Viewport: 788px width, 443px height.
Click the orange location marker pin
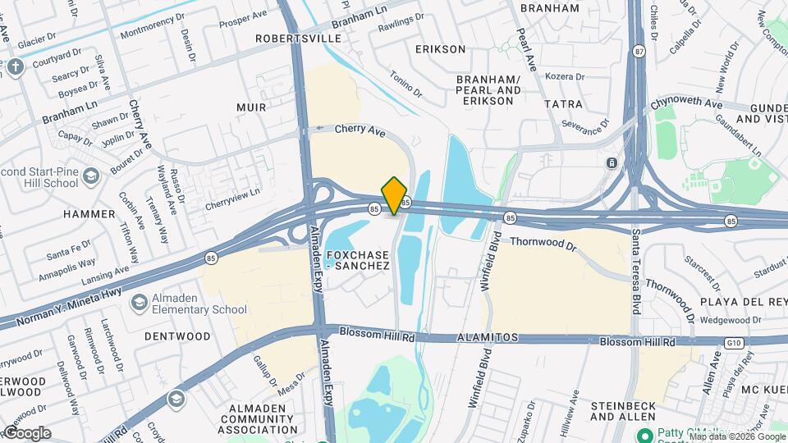(395, 195)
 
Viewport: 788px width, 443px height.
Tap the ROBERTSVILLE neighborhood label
(298, 39)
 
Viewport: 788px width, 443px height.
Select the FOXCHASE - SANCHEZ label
(357, 260)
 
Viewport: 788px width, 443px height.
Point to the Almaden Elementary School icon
(140, 303)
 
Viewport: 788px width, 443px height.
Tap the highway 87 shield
(639, 52)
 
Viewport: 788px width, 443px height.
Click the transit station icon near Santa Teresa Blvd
(612, 162)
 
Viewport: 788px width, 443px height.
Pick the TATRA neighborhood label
(563, 104)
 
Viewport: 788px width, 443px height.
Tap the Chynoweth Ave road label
(686, 104)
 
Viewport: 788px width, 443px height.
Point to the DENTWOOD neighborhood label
(177, 336)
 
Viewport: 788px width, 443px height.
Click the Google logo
(27, 432)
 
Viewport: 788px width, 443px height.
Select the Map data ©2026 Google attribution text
(737, 436)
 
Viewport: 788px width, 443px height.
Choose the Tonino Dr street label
(405, 82)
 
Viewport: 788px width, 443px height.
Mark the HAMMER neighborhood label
(89, 214)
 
